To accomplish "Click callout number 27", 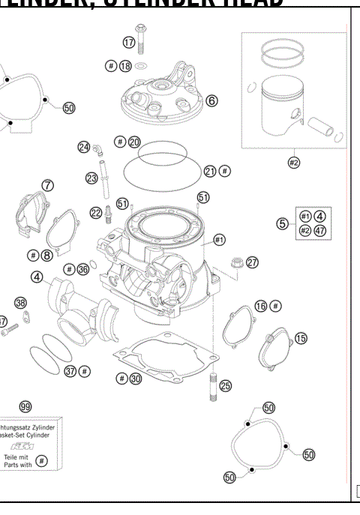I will (x=252, y=262).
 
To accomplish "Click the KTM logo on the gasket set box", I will (x=28, y=445).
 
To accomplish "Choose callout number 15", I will (x=301, y=339).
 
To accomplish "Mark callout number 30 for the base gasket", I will (x=134, y=379).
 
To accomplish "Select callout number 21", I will (x=211, y=171).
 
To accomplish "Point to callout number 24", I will (x=84, y=147).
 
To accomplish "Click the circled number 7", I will (x=48, y=184).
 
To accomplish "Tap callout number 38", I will (x=21, y=303).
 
